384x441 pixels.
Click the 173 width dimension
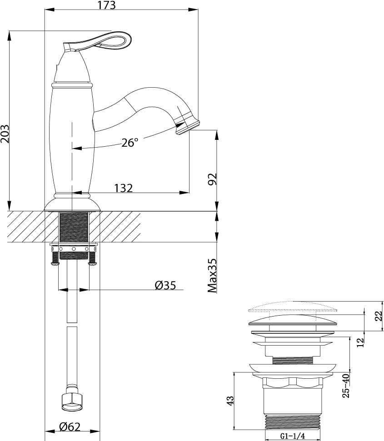[107, 5]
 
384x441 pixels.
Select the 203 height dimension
[5, 134]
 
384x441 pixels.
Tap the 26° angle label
[130, 143]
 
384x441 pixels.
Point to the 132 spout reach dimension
[124, 188]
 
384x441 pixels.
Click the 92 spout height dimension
[213, 179]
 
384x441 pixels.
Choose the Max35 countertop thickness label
[212, 276]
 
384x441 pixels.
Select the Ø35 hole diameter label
[165, 286]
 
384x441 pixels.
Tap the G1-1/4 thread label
[293, 436]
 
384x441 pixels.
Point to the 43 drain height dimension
[230, 401]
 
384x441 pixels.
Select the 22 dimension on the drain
[379, 316]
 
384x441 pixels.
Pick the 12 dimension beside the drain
[361, 342]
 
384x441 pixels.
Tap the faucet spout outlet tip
[187, 127]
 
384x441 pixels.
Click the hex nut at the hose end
[72, 399]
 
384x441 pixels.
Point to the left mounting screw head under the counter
[55, 264]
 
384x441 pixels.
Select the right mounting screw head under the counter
[93, 264]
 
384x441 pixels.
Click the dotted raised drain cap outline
[293, 307]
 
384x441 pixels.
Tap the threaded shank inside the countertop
[74, 227]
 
